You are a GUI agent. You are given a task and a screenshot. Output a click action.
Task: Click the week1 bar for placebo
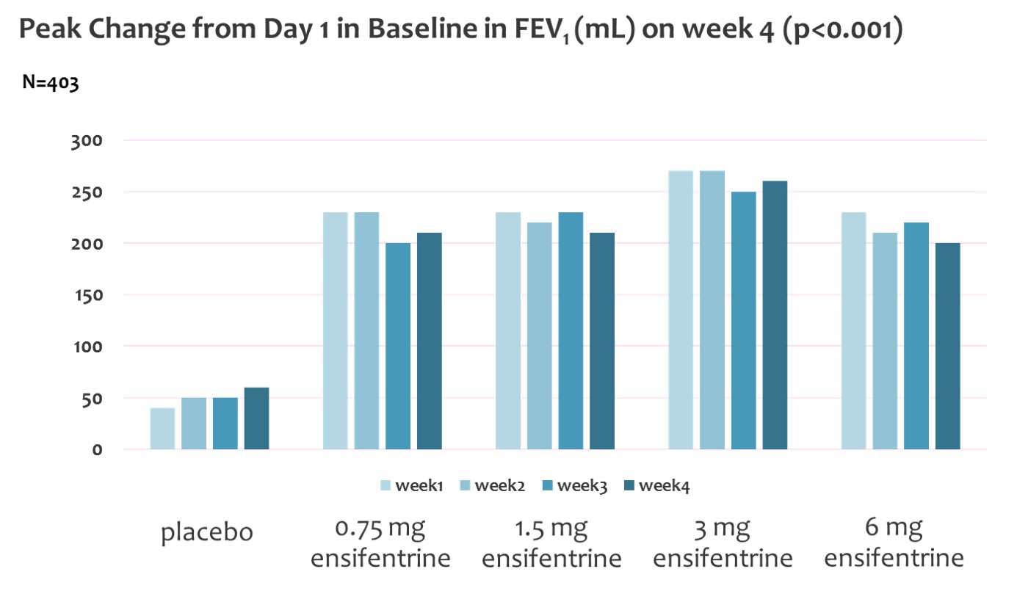[162, 429]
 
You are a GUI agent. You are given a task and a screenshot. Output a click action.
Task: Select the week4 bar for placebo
[256, 418]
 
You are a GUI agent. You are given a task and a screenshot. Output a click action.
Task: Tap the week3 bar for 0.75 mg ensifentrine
[398, 346]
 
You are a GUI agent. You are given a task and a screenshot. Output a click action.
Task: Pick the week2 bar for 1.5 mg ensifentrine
[540, 336]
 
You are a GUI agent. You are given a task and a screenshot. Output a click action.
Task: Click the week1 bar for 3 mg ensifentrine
[681, 310]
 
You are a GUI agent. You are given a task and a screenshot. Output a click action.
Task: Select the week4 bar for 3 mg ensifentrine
[775, 315]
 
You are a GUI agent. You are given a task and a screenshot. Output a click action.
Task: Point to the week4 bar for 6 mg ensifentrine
[947, 346]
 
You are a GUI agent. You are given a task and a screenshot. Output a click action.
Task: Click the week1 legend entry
[410, 485]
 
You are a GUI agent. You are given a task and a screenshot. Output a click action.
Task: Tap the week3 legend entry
[572, 485]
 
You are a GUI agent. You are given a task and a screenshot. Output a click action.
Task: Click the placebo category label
[207, 532]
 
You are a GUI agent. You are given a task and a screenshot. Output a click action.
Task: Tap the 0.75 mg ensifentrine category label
[380, 543]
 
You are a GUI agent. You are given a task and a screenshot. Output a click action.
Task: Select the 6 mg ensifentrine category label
[894, 543]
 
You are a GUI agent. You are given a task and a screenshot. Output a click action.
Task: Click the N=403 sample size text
[51, 82]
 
